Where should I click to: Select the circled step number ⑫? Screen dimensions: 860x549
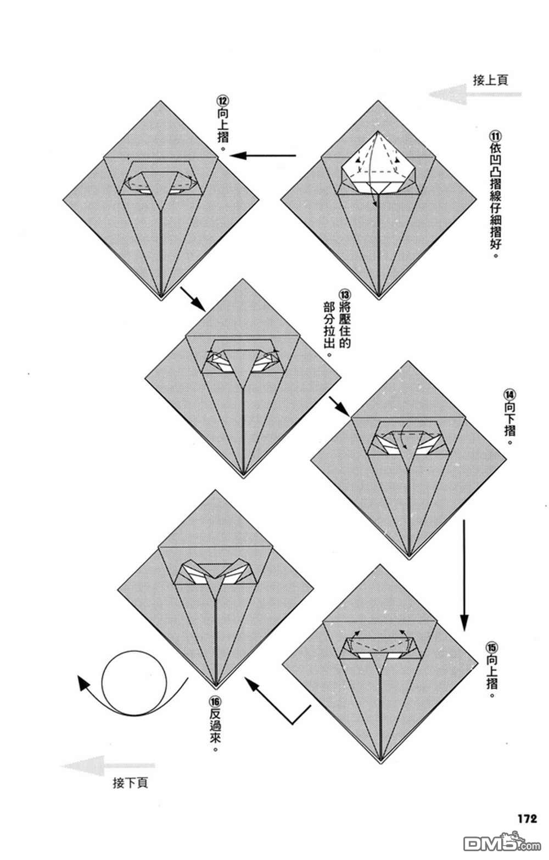pos(222,102)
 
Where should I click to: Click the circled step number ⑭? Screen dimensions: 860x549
pos(510,394)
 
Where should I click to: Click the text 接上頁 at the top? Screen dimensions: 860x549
pos(490,80)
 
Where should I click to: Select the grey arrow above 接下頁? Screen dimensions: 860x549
pos(108,765)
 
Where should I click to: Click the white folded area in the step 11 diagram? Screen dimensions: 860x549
pos(378,165)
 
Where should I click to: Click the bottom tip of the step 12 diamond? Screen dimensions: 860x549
pos(160,298)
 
